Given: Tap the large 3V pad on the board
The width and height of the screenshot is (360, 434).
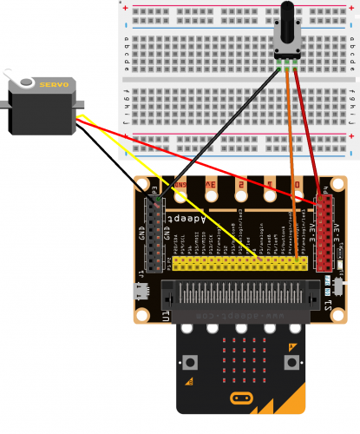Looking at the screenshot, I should [211, 184].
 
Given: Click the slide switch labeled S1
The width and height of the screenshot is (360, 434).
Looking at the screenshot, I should [337, 284].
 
